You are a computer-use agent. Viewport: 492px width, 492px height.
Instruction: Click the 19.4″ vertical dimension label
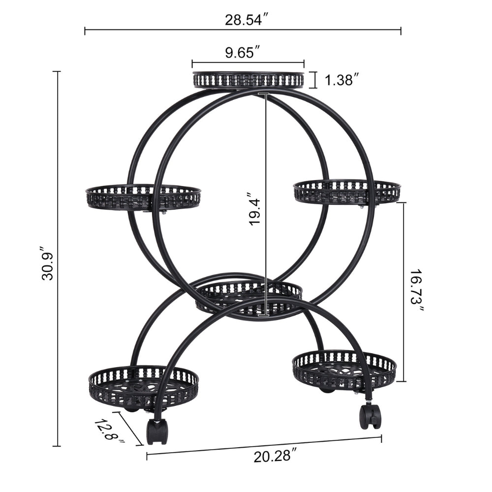(x=254, y=209)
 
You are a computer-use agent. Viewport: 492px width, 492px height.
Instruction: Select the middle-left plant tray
(x=143, y=197)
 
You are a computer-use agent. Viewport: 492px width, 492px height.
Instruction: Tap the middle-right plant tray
(x=347, y=191)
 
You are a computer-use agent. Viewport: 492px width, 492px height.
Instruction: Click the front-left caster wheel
(x=157, y=431)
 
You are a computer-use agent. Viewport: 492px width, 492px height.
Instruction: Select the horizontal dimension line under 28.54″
(x=243, y=31)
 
